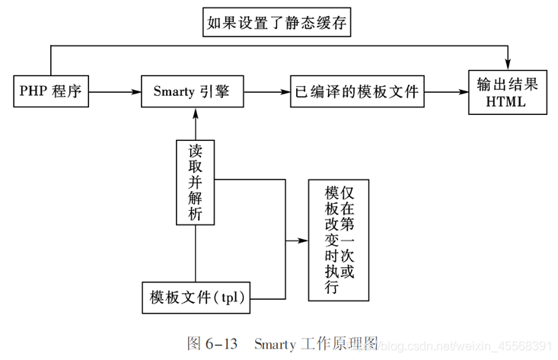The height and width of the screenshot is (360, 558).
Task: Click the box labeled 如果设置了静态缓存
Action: click(x=277, y=23)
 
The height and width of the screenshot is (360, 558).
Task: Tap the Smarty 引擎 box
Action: click(x=196, y=91)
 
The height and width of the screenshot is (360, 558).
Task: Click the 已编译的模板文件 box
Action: click(x=356, y=91)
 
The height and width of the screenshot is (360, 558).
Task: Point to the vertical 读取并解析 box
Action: click(x=196, y=182)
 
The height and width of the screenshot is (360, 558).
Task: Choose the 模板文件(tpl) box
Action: click(x=196, y=297)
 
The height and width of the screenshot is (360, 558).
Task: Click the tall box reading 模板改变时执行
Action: click(x=339, y=240)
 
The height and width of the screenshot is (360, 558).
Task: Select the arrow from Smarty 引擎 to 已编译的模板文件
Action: click(x=270, y=91)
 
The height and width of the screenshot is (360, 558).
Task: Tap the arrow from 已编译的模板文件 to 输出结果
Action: click(x=445, y=91)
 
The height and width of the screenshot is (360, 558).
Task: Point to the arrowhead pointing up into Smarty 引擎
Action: click(x=196, y=113)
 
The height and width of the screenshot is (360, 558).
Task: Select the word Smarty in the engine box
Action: click(x=175, y=91)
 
